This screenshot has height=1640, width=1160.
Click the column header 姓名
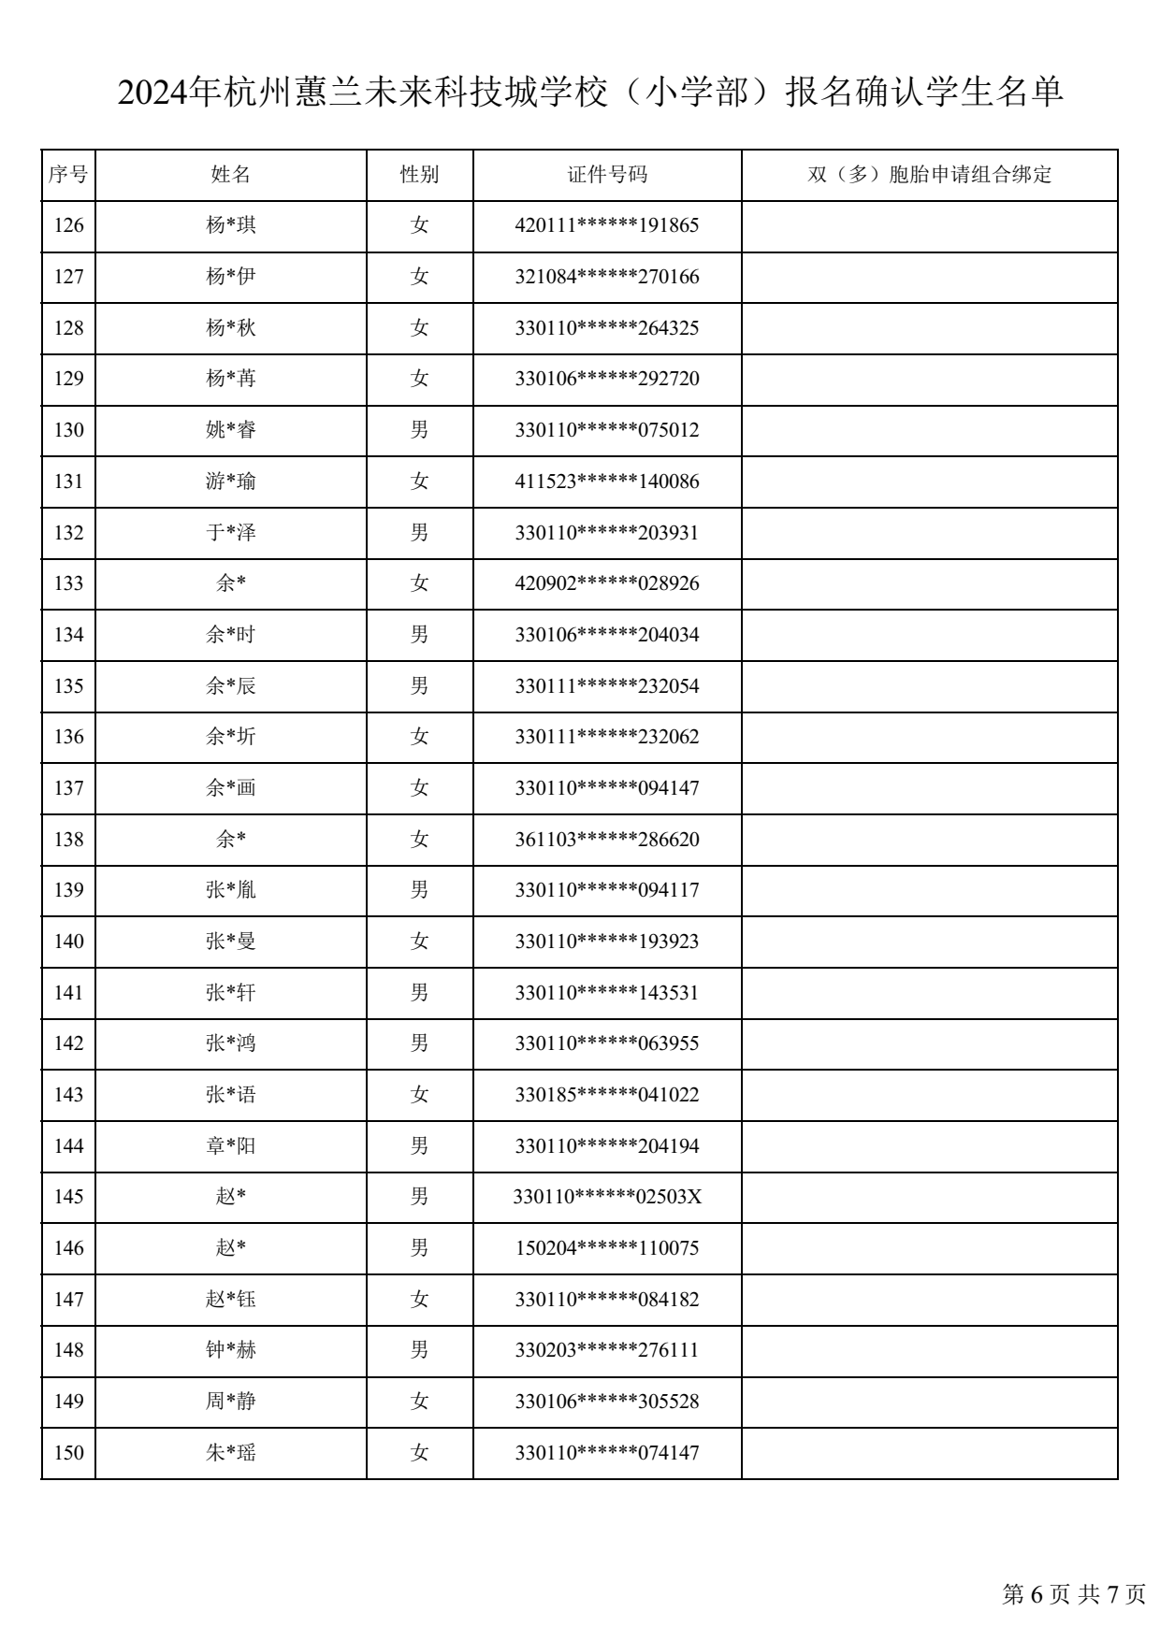(230, 175)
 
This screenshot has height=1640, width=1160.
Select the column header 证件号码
(607, 175)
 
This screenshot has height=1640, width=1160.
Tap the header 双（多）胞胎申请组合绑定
(929, 175)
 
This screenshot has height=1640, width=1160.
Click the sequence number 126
(68, 225)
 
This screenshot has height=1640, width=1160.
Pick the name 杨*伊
(230, 277)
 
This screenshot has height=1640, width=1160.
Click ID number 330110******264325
(607, 328)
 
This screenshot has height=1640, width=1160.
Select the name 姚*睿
(230, 430)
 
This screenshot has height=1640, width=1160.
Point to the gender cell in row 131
(419, 482)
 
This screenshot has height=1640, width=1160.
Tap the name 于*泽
(230, 533)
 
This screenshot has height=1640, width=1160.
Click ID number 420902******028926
(607, 583)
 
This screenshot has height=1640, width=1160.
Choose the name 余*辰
(230, 686)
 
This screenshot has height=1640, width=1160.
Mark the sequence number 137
(68, 788)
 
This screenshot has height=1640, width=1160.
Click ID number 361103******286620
(607, 840)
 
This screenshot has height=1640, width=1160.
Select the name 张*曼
(230, 942)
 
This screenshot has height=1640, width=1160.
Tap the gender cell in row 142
(419, 1043)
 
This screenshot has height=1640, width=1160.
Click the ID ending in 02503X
(607, 1197)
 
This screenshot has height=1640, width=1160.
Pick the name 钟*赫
(230, 1350)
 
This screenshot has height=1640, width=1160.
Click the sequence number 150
(68, 1453)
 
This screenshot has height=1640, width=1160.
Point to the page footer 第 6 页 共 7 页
(1074, 1594)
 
